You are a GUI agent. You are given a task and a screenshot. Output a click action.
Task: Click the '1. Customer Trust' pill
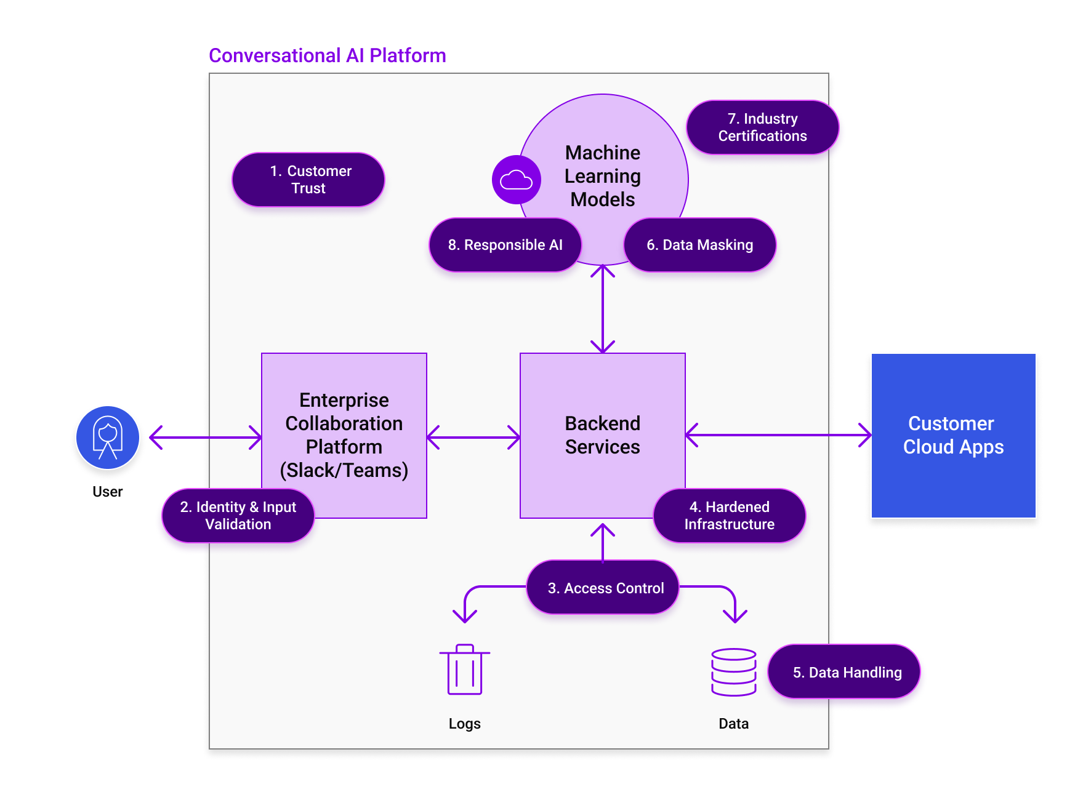click(308, 180)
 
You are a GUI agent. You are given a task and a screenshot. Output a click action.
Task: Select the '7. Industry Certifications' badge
click(762, 127)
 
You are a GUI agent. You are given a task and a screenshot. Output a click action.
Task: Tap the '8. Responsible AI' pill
click(505, 245)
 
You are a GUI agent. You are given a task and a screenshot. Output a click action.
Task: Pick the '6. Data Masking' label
click(699, 245)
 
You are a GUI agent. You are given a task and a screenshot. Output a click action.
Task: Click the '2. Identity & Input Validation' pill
click(238, 516)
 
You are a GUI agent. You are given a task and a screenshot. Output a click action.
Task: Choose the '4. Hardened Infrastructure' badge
click(729, 516)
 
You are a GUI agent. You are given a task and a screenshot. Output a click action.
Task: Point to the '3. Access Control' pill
click(603, 588)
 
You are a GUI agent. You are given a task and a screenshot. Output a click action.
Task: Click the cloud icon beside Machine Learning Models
click(516, 180)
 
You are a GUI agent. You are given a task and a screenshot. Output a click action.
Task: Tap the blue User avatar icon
click(108, 438)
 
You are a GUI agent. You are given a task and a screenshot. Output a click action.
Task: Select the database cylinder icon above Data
click(733, 672)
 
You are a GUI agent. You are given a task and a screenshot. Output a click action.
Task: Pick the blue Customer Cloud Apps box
click(953, 435)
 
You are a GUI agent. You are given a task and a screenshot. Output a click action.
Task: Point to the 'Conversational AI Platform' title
click(327, 55)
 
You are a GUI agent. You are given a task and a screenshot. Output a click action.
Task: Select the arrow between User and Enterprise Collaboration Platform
click(206, 438)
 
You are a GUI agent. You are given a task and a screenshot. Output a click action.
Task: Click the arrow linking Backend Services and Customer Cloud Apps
click(778, 435)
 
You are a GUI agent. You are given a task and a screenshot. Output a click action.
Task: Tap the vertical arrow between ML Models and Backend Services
click(603, 308)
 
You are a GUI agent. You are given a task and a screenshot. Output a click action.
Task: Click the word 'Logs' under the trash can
click(464, 724)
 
